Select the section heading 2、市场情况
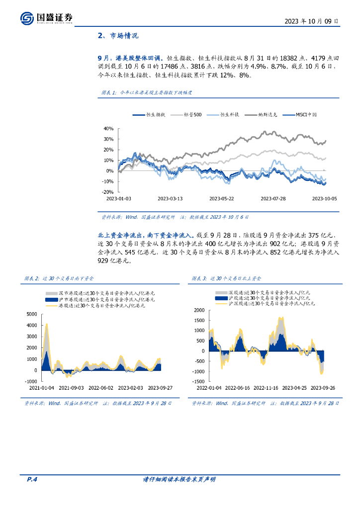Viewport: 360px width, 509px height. pyautogui.click(x=118, y=36)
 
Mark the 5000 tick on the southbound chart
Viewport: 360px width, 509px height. pyautogui.click(x=31, y=314)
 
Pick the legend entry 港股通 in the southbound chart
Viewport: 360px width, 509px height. pyautogui.click(x=102, y=306)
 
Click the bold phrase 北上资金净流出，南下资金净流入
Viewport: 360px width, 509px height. pyautogui.click(x=146, y=235)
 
